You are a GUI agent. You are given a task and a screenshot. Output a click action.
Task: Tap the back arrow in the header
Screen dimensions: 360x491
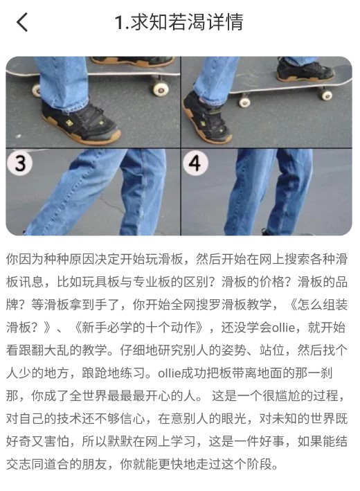pos(22,22)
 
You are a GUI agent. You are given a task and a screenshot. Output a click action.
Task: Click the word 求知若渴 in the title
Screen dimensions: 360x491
pos(168,22)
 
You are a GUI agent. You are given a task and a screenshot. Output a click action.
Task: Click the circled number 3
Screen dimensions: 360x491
pos(20,163)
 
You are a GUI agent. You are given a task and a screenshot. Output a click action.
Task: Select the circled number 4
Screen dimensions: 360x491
pos(195,163)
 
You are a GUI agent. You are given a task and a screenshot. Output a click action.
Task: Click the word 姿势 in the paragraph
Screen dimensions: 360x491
pos(233,350)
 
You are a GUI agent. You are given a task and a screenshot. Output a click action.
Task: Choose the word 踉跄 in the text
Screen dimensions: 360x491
pos(95,373)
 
